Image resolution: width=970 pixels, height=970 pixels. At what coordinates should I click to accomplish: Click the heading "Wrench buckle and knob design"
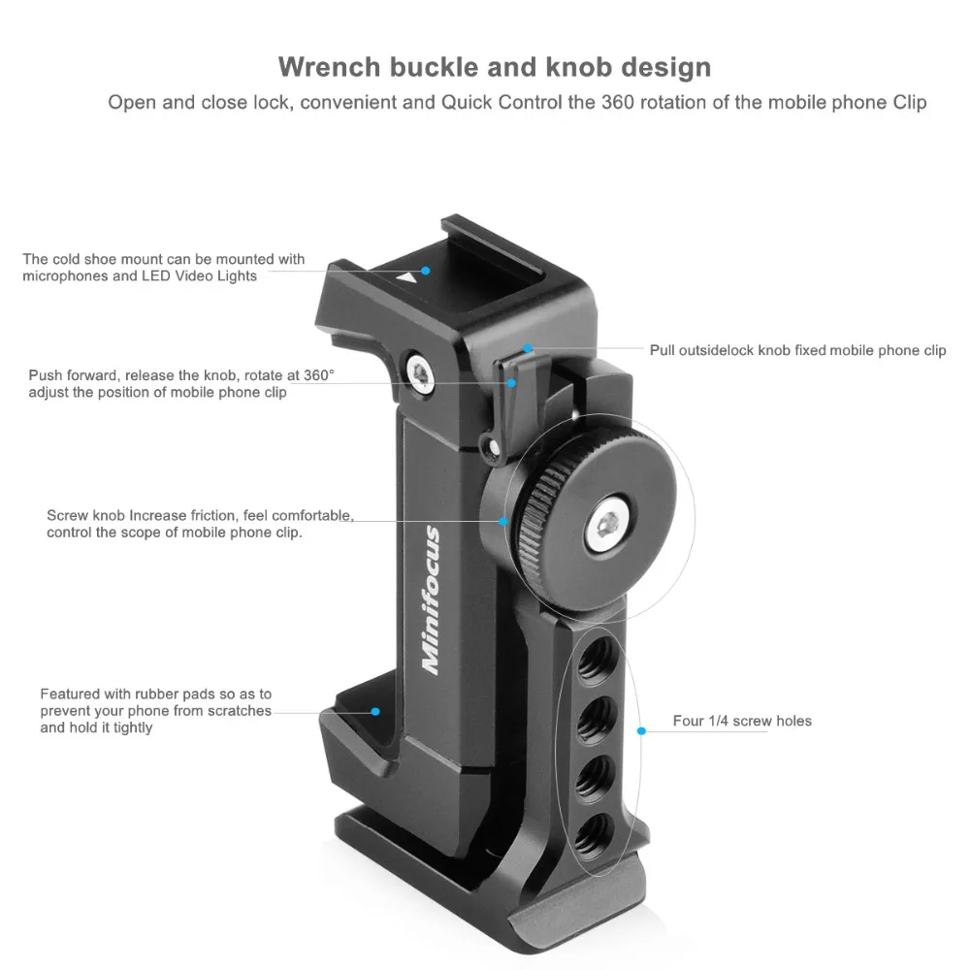[495, 67]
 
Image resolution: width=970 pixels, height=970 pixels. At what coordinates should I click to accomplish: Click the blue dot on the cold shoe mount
[425, 269]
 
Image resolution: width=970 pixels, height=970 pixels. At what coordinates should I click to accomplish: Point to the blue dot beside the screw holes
[640, 729]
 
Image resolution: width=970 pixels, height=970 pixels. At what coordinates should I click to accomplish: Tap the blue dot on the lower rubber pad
[375, 711]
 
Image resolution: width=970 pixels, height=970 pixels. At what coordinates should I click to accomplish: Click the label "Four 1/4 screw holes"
[742, 721]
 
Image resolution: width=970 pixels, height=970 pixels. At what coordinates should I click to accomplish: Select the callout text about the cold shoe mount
[163, 267]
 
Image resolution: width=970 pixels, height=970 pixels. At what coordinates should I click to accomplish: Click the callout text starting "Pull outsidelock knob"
[797, 350]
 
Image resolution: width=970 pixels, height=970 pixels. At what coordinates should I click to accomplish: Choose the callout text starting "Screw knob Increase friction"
[200, 524]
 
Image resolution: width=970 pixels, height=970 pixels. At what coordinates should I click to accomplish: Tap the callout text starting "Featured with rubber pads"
[155, 710]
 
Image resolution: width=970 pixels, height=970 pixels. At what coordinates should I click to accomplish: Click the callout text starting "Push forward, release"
[180, 383]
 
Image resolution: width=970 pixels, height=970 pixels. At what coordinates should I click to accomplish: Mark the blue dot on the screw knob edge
[503, 521]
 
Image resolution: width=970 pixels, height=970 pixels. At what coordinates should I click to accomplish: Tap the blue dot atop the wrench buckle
[528, 347]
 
